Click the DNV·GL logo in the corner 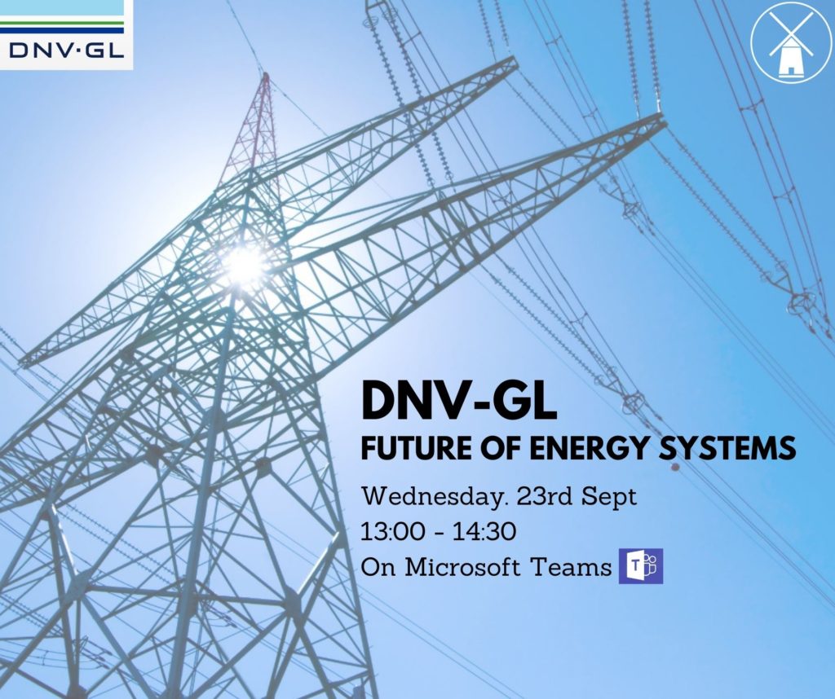66,34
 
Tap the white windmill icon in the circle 791,42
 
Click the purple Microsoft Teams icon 641,565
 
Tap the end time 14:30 484,531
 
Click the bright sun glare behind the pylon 245,265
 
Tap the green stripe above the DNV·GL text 62,24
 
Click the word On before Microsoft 378,567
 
